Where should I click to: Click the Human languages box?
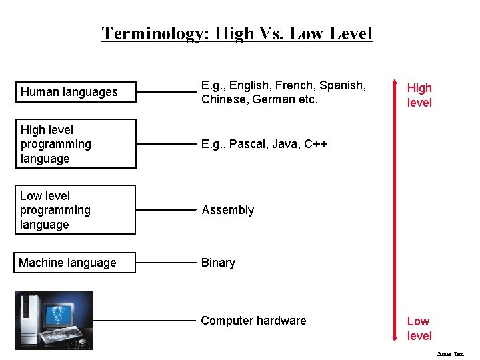tap(75, 92)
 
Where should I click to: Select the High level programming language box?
tap(75, 144)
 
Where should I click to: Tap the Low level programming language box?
tap(75, 210)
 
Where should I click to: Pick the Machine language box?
tap(75, 263)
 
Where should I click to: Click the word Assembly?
tap(228, 210)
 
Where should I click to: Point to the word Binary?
tap(218, 263)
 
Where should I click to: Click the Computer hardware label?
tap(253, 321)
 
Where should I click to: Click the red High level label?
tap(419, 95)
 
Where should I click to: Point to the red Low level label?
tap(419, 329)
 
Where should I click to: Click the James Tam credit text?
tap(450, 354)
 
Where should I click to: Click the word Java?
tap(281, 144)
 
